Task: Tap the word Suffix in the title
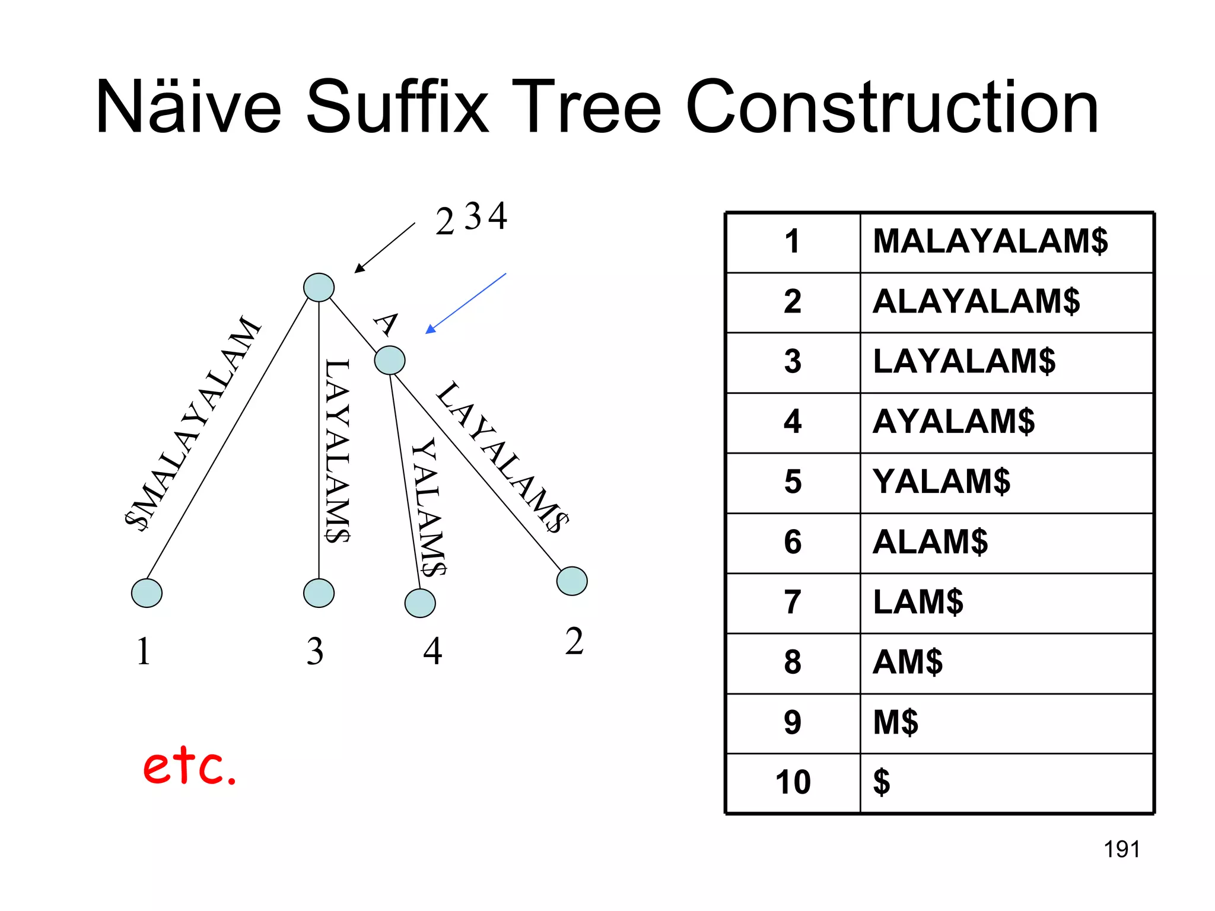(397, 108)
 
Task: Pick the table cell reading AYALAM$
(953, 422)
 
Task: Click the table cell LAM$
(918, 602)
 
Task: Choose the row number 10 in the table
(793, 782)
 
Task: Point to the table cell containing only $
(882, 782)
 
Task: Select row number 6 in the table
(793, 542)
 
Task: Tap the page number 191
(1121, 849)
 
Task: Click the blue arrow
(466, 303)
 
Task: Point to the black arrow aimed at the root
(384, 248)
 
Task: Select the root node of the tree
(319, 288)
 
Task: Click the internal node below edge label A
(390, 360)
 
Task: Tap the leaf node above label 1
(147, 593)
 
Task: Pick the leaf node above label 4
(420, 603)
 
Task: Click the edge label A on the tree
(386, 324)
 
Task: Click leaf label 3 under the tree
(315, 651)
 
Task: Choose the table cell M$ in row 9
(895, 722)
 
